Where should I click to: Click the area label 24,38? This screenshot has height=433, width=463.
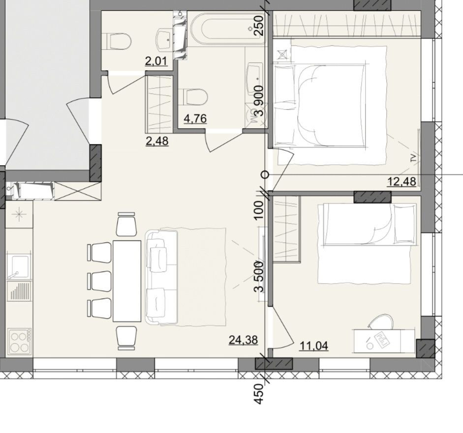click(x=244, y=340)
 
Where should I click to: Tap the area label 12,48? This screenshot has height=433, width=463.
click(x=401, y=181)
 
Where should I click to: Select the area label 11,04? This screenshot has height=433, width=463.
click(x=314, y=346)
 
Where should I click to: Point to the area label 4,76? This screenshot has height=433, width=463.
click(x=195, y=118)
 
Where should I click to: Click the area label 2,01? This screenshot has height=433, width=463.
click(x=156, y=61)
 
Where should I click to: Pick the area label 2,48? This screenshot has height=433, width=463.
click(x=157, y=141)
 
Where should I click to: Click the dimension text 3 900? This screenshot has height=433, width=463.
click(x=260, y=101)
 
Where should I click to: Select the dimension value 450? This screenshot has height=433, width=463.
click(x=259, y=394)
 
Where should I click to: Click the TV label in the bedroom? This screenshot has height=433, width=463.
click(x=413, y=158)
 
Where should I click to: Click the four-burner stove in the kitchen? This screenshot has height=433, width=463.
click(x=20, y=341)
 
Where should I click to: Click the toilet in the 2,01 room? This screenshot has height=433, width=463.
click(x=118, y=41)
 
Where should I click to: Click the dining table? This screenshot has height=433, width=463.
click(x=127, y=281)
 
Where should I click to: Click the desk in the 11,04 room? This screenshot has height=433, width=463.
click(x=384, y=341)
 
